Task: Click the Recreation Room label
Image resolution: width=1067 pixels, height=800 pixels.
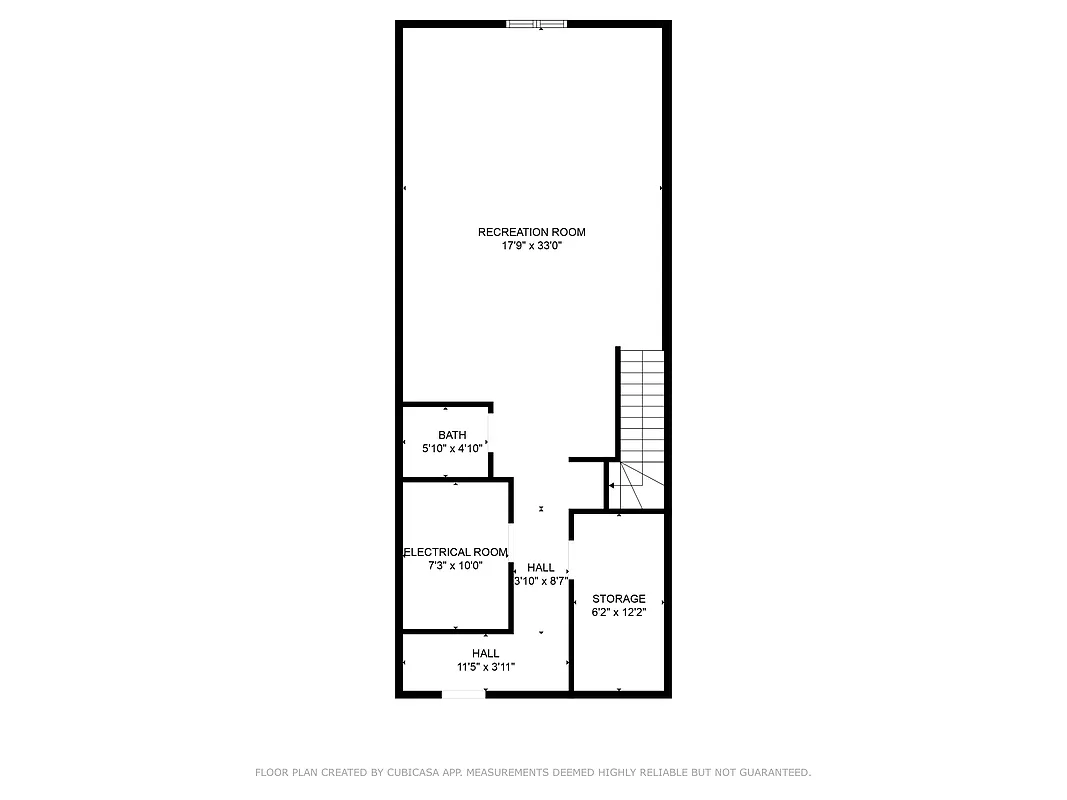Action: pos(531,232)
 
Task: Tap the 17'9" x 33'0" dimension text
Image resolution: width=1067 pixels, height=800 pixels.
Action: pos(531,245)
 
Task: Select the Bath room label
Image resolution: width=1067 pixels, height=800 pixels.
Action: pos(452,435)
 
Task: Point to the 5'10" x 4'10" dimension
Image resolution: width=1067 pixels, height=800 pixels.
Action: pos(452,449)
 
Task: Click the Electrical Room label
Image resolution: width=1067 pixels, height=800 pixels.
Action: pos(456,552)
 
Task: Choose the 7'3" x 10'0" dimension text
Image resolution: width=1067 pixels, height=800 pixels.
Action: pos(455,565)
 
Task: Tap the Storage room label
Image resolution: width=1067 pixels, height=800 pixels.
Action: pos(619,599)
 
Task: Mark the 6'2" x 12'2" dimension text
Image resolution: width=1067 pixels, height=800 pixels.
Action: pos(619,612)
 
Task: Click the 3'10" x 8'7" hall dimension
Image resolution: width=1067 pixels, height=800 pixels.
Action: pos(541,581)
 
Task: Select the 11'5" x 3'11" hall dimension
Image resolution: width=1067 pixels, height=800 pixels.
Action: pos(486,667)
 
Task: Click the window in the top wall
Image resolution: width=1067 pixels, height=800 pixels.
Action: pos(538,24)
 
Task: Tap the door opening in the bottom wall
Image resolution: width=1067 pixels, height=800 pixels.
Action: pos(463,693)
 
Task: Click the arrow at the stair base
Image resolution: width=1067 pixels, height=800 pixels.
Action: pos(613,485)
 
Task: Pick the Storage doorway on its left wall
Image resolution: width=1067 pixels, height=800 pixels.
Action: pos(570,556)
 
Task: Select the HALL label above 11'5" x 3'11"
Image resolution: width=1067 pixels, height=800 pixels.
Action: pos(486,654)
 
